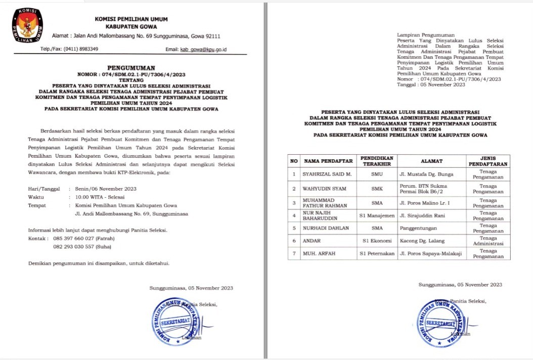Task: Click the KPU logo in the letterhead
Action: pyautogui.click(x=28, y=26)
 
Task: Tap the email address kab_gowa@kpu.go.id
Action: pyautogui.click(x=203, y=49)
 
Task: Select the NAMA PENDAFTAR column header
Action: pyautogui.click(x=328, y=161)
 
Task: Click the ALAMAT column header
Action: pyautogui.click(x=430, y=161)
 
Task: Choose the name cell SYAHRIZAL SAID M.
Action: pyautogui.click(x=326, y=174)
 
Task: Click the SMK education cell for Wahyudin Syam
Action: pyautogui.click(x=377, y=188)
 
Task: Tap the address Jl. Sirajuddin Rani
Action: pyautogui.click(x=424, y=215)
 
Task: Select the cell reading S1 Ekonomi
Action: pyautogui.click(x=377, y=242)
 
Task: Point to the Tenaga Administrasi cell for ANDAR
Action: pyautogui.click(x=487, y=242)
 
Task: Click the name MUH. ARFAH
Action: pyautogui.click(x=320, y=253)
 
